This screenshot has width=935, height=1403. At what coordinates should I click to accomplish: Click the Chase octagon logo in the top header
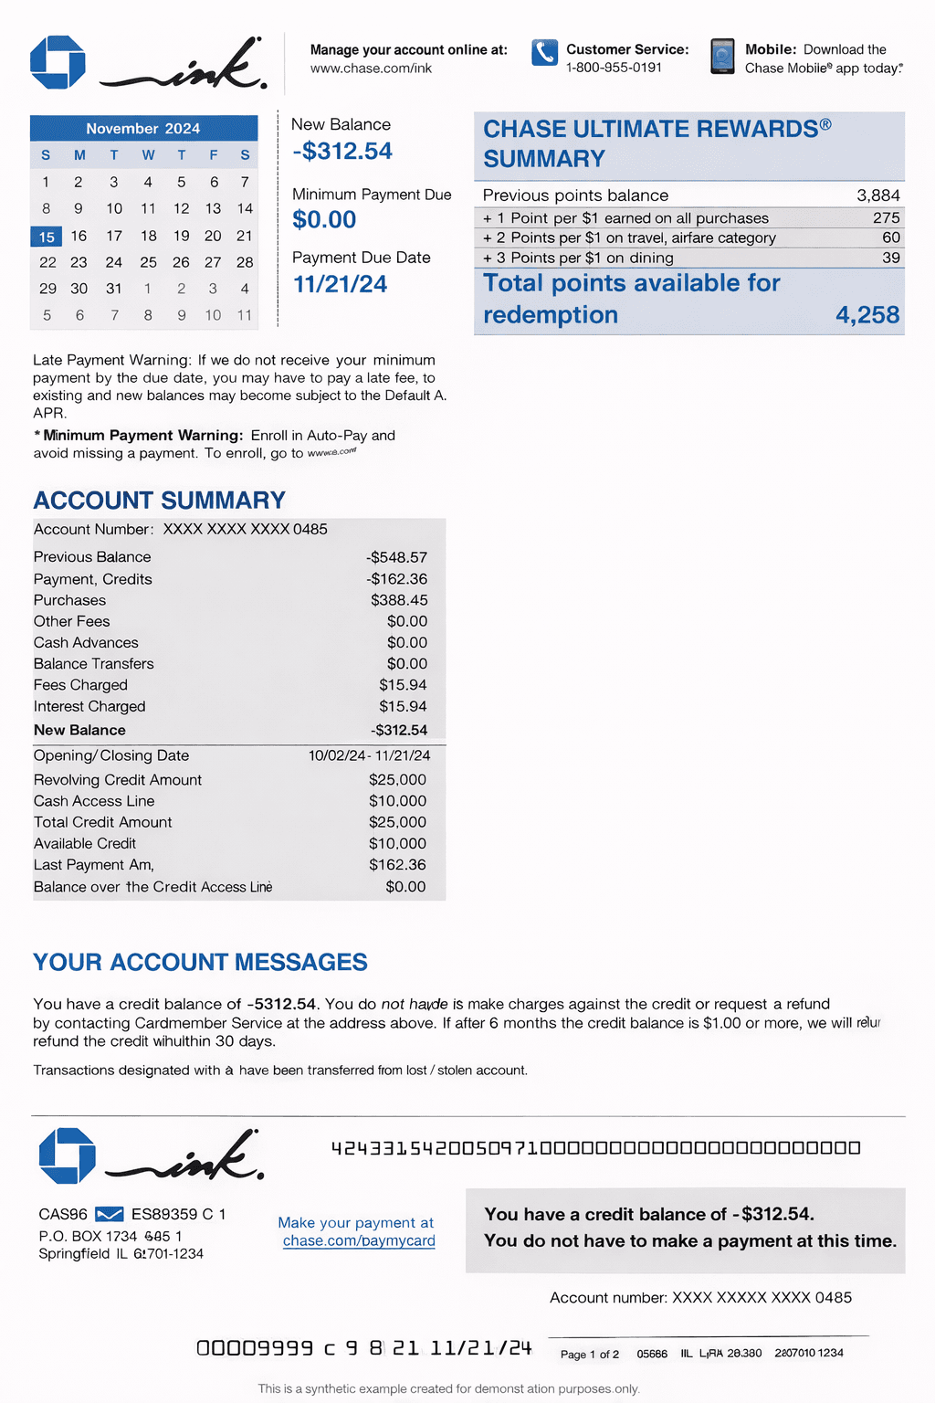58,62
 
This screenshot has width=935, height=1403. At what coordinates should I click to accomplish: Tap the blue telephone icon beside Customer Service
544,53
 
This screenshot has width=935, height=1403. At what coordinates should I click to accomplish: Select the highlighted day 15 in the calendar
47,237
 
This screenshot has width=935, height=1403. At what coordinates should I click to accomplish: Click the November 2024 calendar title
143,129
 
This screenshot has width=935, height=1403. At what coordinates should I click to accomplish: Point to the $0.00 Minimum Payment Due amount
324,220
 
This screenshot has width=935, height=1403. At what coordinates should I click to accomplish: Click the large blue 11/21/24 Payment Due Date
340,285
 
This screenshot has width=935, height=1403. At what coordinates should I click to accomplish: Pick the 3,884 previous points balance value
877,195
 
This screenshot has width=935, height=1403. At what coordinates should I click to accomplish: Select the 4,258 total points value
867,315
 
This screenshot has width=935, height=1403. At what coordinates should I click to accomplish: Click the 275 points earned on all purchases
886,218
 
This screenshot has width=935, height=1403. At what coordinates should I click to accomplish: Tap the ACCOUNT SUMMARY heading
160,501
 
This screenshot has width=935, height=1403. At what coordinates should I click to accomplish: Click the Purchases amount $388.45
399,600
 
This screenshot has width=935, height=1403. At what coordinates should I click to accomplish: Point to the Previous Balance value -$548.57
396,557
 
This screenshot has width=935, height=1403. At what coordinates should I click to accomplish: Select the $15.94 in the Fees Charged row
403,685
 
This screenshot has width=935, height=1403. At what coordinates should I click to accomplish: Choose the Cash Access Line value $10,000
397,801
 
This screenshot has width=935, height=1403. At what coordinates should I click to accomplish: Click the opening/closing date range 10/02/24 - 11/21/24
369,755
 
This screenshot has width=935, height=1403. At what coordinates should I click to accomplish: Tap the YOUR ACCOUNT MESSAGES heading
200,963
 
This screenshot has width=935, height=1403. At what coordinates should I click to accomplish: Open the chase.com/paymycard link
359,1241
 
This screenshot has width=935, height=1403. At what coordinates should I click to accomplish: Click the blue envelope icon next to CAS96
110,1214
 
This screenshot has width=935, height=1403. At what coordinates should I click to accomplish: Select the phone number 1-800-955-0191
614,68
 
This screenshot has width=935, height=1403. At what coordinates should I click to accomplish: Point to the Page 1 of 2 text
590,1354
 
